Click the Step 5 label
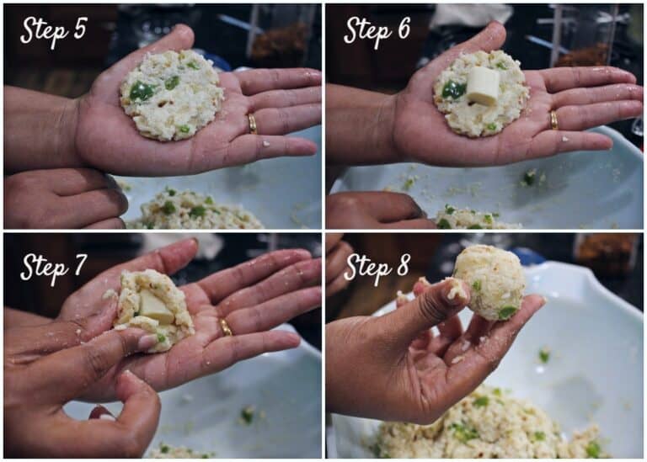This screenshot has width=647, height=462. [54, 31]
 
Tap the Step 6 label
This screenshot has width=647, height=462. [377, 31]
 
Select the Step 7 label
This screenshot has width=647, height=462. [54, 268]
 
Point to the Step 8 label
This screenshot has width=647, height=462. [377, 268]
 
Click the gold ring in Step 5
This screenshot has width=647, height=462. [252, 124]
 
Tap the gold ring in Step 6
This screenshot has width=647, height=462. [553, 120]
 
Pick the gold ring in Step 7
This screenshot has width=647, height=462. [225, 327]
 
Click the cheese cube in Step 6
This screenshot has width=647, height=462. [483, 87]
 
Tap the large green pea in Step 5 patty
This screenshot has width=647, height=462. [142, 91]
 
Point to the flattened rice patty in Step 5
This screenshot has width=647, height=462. [172, 95]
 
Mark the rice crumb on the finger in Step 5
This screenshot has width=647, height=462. [266, 144]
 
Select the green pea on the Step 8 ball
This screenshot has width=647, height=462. [506, 312]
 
